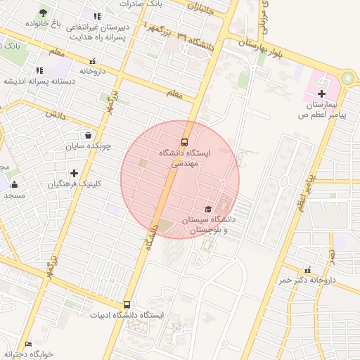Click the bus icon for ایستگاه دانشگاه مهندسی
tap(185, 140)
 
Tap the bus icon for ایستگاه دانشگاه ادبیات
tap(127, 304)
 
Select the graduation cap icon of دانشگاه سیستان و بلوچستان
tap(207, 209)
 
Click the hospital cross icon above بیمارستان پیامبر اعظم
tap(322, 93)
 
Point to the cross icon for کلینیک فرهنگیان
tap(74, 173)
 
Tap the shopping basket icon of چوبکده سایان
tap(87, 136)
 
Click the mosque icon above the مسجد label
tap(15, 186)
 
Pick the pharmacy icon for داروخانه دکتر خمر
tap(307, 270)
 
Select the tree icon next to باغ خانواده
tap(43, 13)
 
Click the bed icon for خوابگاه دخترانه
tap(28, 344)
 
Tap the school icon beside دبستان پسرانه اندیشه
tap(39, 70)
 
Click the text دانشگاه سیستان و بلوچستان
tap(207, 224)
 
